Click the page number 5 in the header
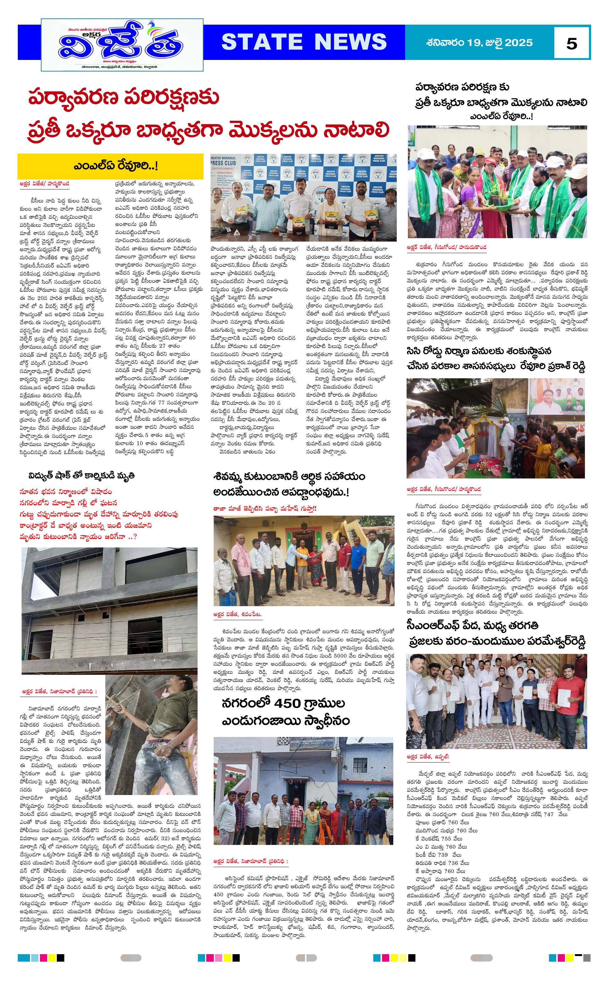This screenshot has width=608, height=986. pos(571,43)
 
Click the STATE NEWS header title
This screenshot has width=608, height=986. pos(304,42)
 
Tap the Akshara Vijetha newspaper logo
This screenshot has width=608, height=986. pos(122,45)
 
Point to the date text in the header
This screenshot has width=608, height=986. pos(479,43)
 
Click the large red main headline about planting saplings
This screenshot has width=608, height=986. pos(209,115)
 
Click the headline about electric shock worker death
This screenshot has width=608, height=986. pos(81,475)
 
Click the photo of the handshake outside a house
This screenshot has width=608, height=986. pos(304,560)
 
